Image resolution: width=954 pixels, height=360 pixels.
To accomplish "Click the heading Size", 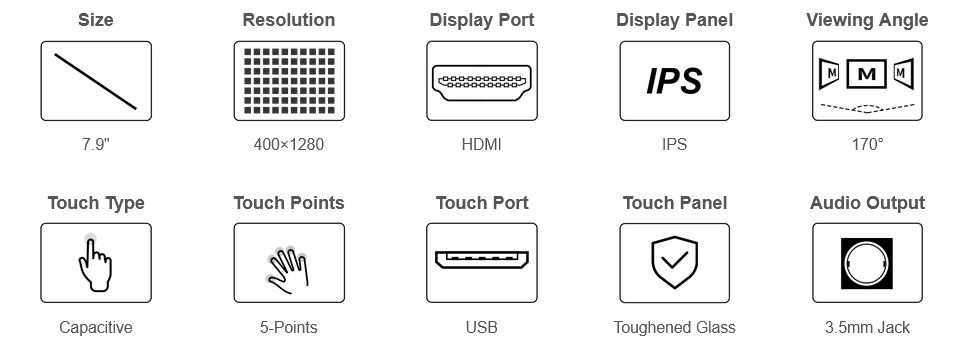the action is (96, 20).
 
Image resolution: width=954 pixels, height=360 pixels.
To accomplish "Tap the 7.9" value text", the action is (96, 145).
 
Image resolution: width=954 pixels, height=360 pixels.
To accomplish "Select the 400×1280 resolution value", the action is (289, 145).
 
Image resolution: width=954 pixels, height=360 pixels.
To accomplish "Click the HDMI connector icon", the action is (481, 81).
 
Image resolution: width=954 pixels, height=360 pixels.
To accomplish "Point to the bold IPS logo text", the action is (674, 81).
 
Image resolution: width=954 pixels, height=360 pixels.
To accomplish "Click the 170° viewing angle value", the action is (868, 145).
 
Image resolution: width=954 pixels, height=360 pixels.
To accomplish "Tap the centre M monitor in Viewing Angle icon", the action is (868, 74).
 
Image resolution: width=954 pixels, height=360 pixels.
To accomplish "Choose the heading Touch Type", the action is (96, 203).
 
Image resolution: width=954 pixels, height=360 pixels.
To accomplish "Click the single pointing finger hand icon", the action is (95, 265).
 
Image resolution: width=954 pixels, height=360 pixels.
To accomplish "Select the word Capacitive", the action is (96, 327).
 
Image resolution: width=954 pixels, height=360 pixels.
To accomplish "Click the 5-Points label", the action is (288, 327).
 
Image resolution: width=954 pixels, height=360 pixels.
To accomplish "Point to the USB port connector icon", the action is (482, 260).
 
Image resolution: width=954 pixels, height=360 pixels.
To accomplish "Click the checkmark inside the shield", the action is (674, 261).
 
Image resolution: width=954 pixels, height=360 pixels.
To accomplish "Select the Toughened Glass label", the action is (674, 327).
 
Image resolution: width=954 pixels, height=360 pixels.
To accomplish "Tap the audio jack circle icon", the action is (867, 263).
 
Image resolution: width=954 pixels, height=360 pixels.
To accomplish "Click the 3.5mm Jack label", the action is (868, 327).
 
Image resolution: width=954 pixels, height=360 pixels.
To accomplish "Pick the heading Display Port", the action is (482, 20).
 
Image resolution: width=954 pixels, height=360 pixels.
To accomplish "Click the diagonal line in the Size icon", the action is (96, 81).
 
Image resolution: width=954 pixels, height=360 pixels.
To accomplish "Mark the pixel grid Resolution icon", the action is (289, 81).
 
